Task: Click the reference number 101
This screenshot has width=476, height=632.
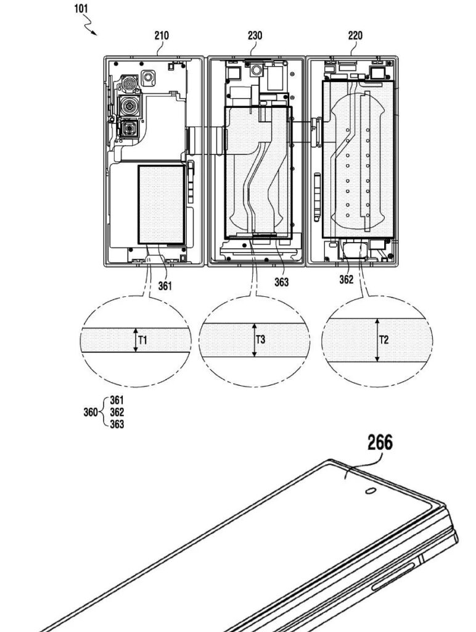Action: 81,9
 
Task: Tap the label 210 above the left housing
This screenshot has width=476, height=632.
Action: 162,35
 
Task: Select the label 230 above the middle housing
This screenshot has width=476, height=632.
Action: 255,35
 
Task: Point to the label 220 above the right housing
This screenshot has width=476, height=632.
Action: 355,35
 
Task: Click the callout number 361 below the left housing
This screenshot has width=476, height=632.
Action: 165,286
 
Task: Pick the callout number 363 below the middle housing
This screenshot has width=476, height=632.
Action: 282,282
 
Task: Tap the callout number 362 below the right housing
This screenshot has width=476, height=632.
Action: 347,280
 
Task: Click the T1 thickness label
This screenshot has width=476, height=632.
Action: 142,340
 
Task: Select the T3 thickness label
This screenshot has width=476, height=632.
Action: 261,339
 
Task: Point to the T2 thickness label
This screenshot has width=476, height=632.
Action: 384,340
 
